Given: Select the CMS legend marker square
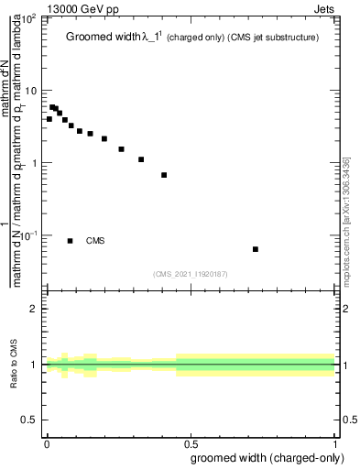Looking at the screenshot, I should click(71, 241).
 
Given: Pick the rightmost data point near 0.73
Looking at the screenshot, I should click(256, 249).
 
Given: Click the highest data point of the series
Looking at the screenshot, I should click(52, 107).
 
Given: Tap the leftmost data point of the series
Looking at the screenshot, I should click(49, 119).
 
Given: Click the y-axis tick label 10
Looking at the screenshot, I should click(31, 91).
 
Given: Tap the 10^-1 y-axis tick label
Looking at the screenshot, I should click(29, 235).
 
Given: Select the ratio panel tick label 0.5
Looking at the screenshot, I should click(30, 420).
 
